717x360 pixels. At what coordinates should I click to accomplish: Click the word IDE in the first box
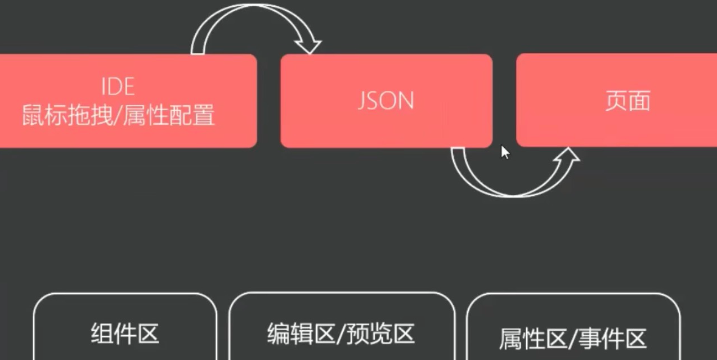tap(118, 87)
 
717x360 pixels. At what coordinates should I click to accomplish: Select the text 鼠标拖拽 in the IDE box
tap(67, 115)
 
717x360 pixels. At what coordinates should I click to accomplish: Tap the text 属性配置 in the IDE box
tap(168, 115)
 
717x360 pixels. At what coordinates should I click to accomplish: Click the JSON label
tap(386, 101)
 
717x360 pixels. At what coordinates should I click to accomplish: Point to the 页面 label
tap(628, 101)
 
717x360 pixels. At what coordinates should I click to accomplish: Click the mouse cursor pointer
tap(504, 152)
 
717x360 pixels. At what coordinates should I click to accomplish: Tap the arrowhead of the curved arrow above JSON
tap(309, 47)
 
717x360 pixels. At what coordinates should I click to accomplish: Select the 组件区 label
tap(125, 334)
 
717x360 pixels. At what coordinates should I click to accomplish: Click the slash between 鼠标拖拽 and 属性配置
tap(117, 115)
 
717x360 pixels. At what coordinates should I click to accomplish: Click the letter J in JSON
tap(362, 101)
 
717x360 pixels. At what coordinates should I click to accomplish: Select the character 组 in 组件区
tap(101, 334)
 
